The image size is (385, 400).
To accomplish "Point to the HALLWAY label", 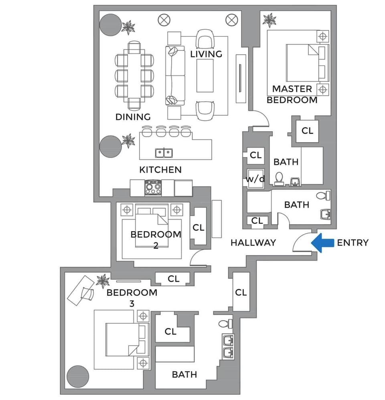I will point(253,242).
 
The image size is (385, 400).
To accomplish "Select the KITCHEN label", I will point(160,169).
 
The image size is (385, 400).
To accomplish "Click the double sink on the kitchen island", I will point(164,153).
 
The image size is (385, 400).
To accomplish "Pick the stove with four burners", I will point(153,188).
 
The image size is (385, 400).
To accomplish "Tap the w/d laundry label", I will point(255,179).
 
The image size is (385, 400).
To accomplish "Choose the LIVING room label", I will point(206,54).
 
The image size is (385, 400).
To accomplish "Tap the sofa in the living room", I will point(175,76).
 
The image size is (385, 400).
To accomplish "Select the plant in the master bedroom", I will point(269,20).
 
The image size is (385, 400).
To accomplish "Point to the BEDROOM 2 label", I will point(156,239).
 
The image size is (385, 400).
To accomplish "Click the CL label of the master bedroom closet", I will point(307,131).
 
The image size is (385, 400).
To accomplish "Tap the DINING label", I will point(133,117).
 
